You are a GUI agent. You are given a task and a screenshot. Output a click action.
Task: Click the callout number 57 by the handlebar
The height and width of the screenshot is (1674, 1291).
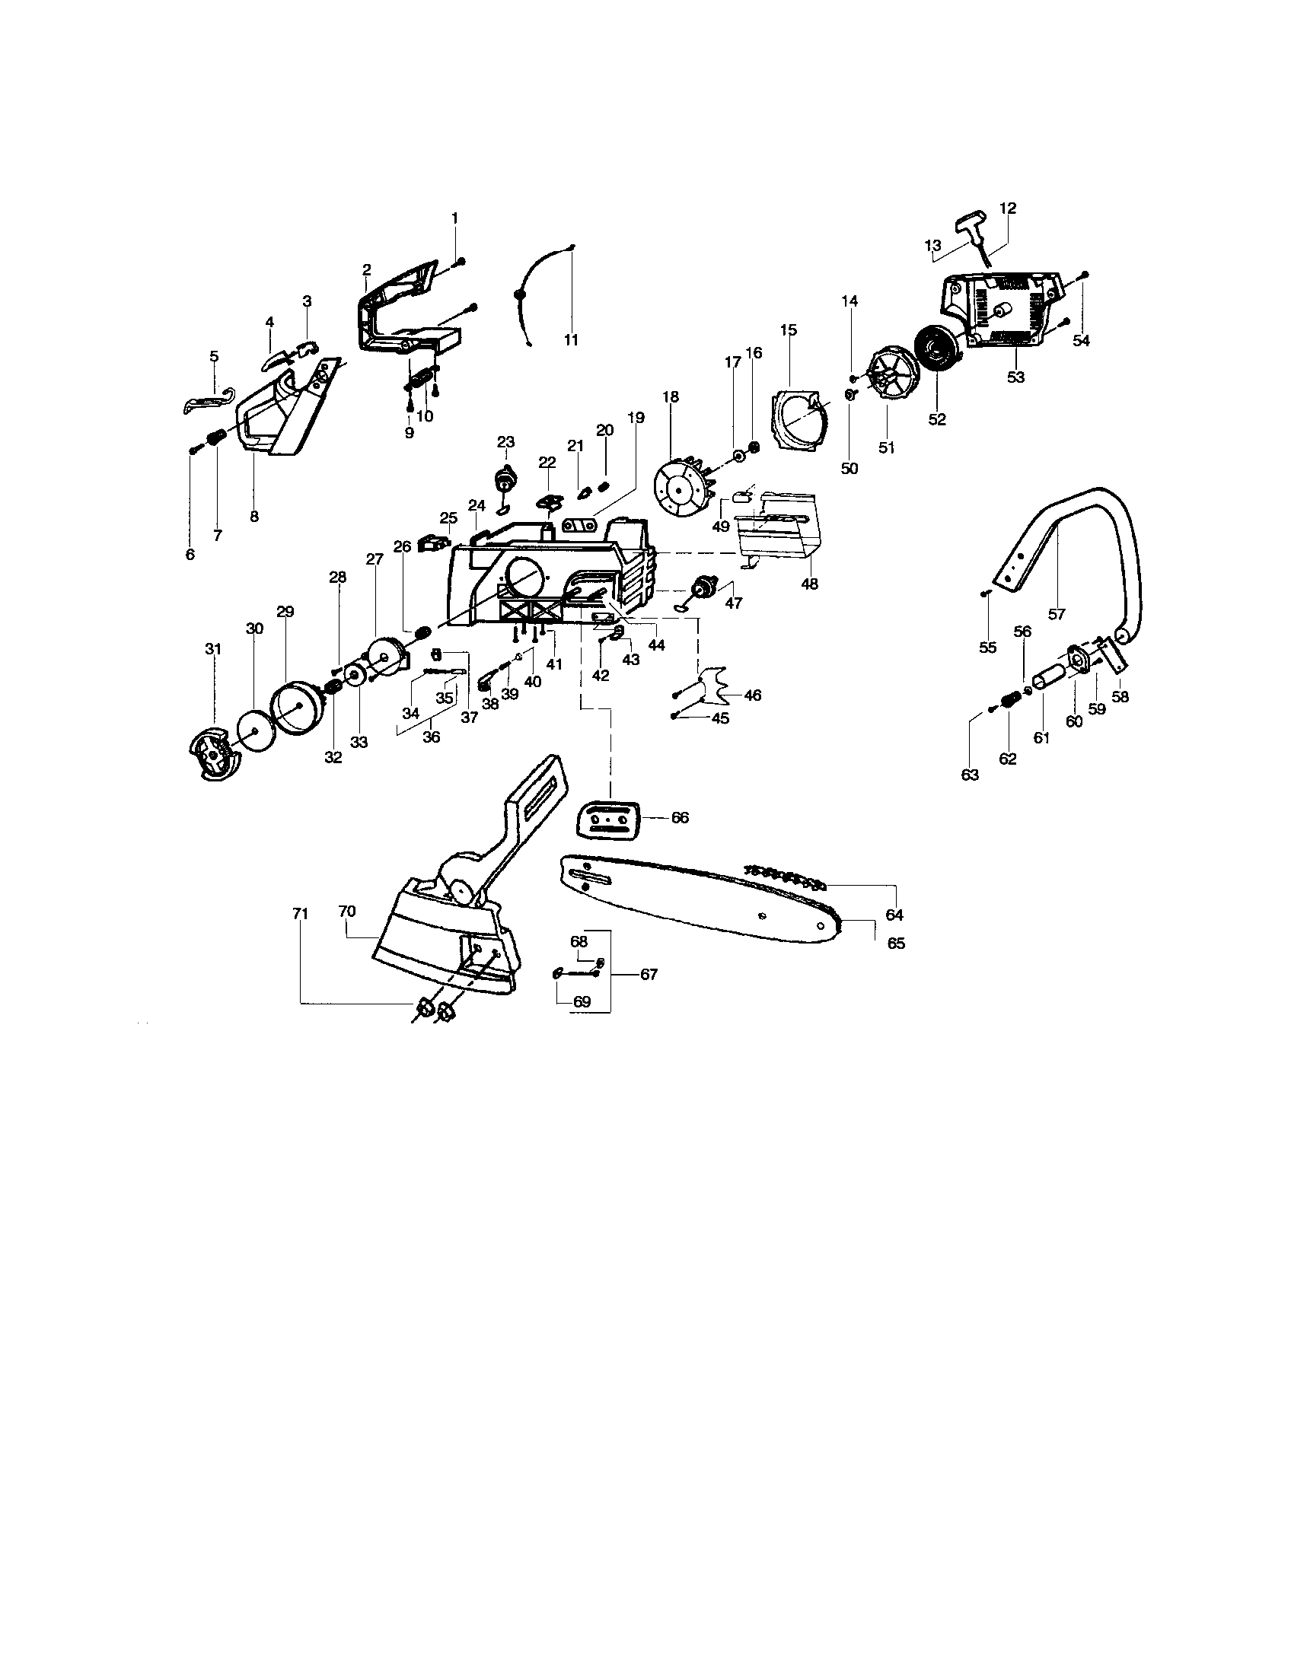coord(1057,614)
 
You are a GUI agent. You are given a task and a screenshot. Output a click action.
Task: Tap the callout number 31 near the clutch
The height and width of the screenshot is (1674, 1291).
coord(212,649)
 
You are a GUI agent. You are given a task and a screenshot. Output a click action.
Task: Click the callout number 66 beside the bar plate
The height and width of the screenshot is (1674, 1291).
coord(679,818)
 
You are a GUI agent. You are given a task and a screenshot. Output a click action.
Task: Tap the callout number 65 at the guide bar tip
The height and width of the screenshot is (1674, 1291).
coord(895,943)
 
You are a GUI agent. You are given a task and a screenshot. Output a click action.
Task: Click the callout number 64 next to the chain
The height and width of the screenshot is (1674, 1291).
coord(894,915)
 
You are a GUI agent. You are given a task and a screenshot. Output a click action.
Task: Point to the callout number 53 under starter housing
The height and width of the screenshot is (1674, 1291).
coord(1015,377)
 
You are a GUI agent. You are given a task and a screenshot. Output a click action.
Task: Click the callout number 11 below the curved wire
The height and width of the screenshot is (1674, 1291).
coord(570,339)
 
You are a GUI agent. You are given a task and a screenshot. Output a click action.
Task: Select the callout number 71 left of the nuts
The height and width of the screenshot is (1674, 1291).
coord(300,913)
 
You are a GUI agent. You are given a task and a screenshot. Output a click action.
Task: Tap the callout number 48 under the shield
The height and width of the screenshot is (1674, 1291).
coord(809,584)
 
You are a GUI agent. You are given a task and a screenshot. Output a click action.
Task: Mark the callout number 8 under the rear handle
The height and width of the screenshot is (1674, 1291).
coord(254,516)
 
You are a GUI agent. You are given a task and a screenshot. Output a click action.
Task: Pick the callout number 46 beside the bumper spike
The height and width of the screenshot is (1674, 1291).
coord(752,695)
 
